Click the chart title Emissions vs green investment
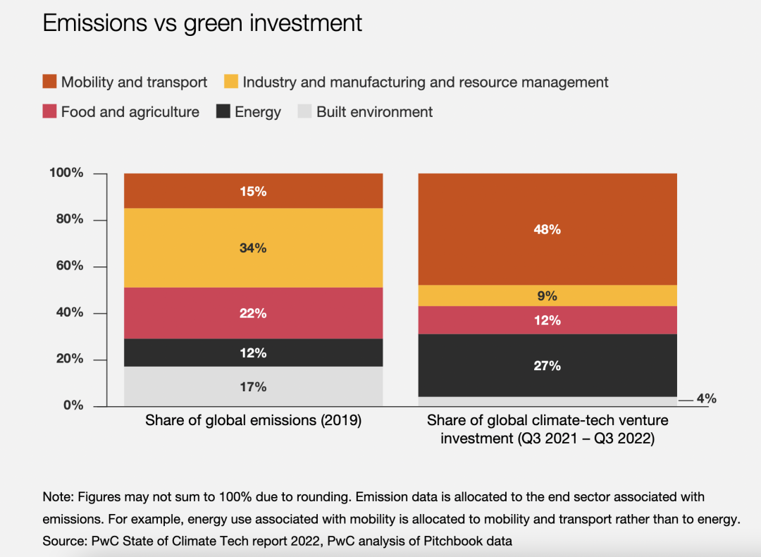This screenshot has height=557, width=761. pos(202,23)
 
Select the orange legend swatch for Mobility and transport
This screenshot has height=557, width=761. pos(49,82)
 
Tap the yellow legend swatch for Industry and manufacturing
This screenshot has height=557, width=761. pos(231,82)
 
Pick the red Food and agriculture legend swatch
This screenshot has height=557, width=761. pos(49,111)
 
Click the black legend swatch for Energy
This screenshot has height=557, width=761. pos(223,111)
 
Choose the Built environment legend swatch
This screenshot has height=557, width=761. pos(304,111)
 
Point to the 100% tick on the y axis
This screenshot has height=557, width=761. pos(66,173)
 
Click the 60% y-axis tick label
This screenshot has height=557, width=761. pos(69,266)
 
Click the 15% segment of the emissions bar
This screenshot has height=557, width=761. pos(253,191)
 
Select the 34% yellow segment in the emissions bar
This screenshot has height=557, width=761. pos(253,248)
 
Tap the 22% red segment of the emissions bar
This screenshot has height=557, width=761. pos(253,313)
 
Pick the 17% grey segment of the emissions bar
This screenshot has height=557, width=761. pos(253,386)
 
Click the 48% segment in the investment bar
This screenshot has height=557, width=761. pos(547,229)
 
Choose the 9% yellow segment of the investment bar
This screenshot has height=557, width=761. pos(547,295)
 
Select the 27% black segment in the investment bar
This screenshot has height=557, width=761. pos(547,365)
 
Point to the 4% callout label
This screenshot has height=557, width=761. pos(706,399)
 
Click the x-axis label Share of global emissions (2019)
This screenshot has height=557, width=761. pos(253,421)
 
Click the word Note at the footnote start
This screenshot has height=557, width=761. pos(56,497)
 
